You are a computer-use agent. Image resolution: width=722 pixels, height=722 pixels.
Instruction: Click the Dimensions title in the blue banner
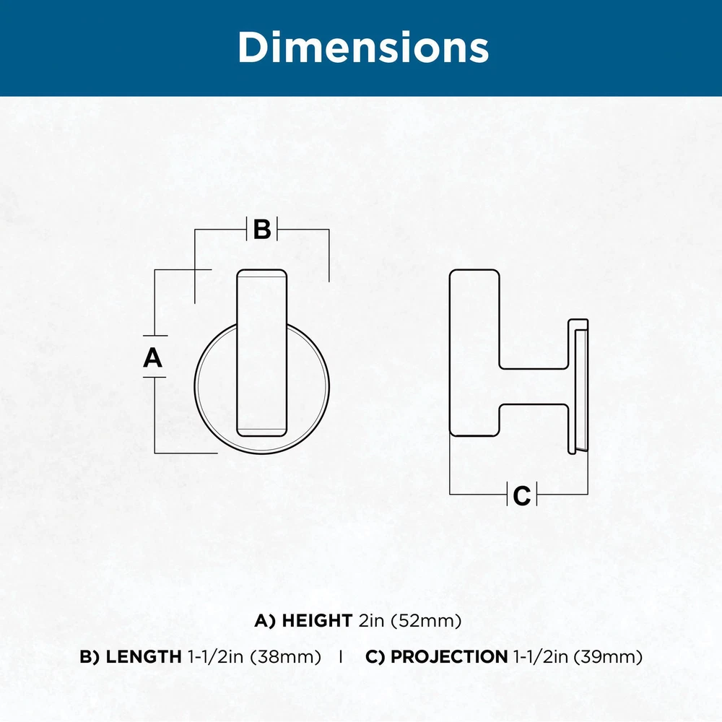[363, 48]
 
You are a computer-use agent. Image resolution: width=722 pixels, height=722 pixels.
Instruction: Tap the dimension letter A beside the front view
[152, 357]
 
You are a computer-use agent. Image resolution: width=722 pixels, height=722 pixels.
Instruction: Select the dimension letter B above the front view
[262, 229]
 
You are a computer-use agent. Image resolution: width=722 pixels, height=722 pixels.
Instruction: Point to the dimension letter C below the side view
[522, 495]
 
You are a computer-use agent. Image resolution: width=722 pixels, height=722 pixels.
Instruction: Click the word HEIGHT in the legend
[317, 621]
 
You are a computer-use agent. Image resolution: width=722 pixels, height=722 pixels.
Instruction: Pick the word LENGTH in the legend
[144, 656]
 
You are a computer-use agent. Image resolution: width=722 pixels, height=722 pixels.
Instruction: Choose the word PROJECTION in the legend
[449, 656]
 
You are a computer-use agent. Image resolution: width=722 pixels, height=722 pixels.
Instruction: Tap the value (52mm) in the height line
[426, 621]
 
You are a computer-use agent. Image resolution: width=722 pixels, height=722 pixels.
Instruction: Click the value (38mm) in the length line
[285, 657]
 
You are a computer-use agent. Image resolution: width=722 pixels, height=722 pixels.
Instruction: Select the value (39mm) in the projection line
[608, 657]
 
